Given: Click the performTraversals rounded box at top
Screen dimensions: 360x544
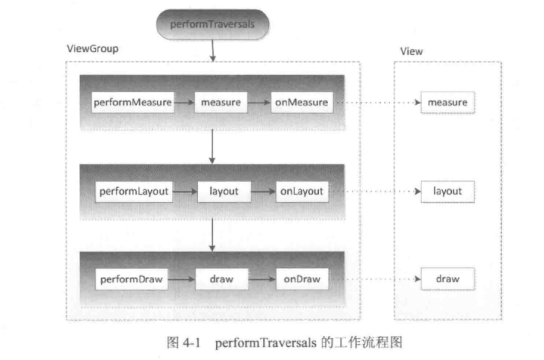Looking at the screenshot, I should [x=212, y=25].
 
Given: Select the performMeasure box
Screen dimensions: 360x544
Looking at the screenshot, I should [x=132, y=102].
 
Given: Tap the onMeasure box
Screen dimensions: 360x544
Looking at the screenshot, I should [x=301, y=102].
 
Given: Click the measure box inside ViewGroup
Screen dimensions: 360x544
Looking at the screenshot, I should [x=221, y=102].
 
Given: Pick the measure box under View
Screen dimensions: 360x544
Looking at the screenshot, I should [x=447, y=102].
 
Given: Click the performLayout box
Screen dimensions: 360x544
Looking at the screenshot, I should [x=134, y=192].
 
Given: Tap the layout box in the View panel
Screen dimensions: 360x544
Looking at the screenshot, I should [x=447, y=192].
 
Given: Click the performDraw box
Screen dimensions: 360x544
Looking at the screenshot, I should [x=131, y=279].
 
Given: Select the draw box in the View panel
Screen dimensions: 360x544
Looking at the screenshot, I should [x=447, y=279].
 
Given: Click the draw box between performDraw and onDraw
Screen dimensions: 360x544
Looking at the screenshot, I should [x=221, y=279].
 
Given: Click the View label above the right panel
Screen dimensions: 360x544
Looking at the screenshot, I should [x=412, y=52].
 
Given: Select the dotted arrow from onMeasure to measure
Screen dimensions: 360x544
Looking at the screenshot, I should [x=376, y=103].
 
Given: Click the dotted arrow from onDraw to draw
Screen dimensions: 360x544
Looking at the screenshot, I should [x=376, y=280].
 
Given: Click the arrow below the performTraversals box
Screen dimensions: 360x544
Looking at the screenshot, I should [x=212, y=51].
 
